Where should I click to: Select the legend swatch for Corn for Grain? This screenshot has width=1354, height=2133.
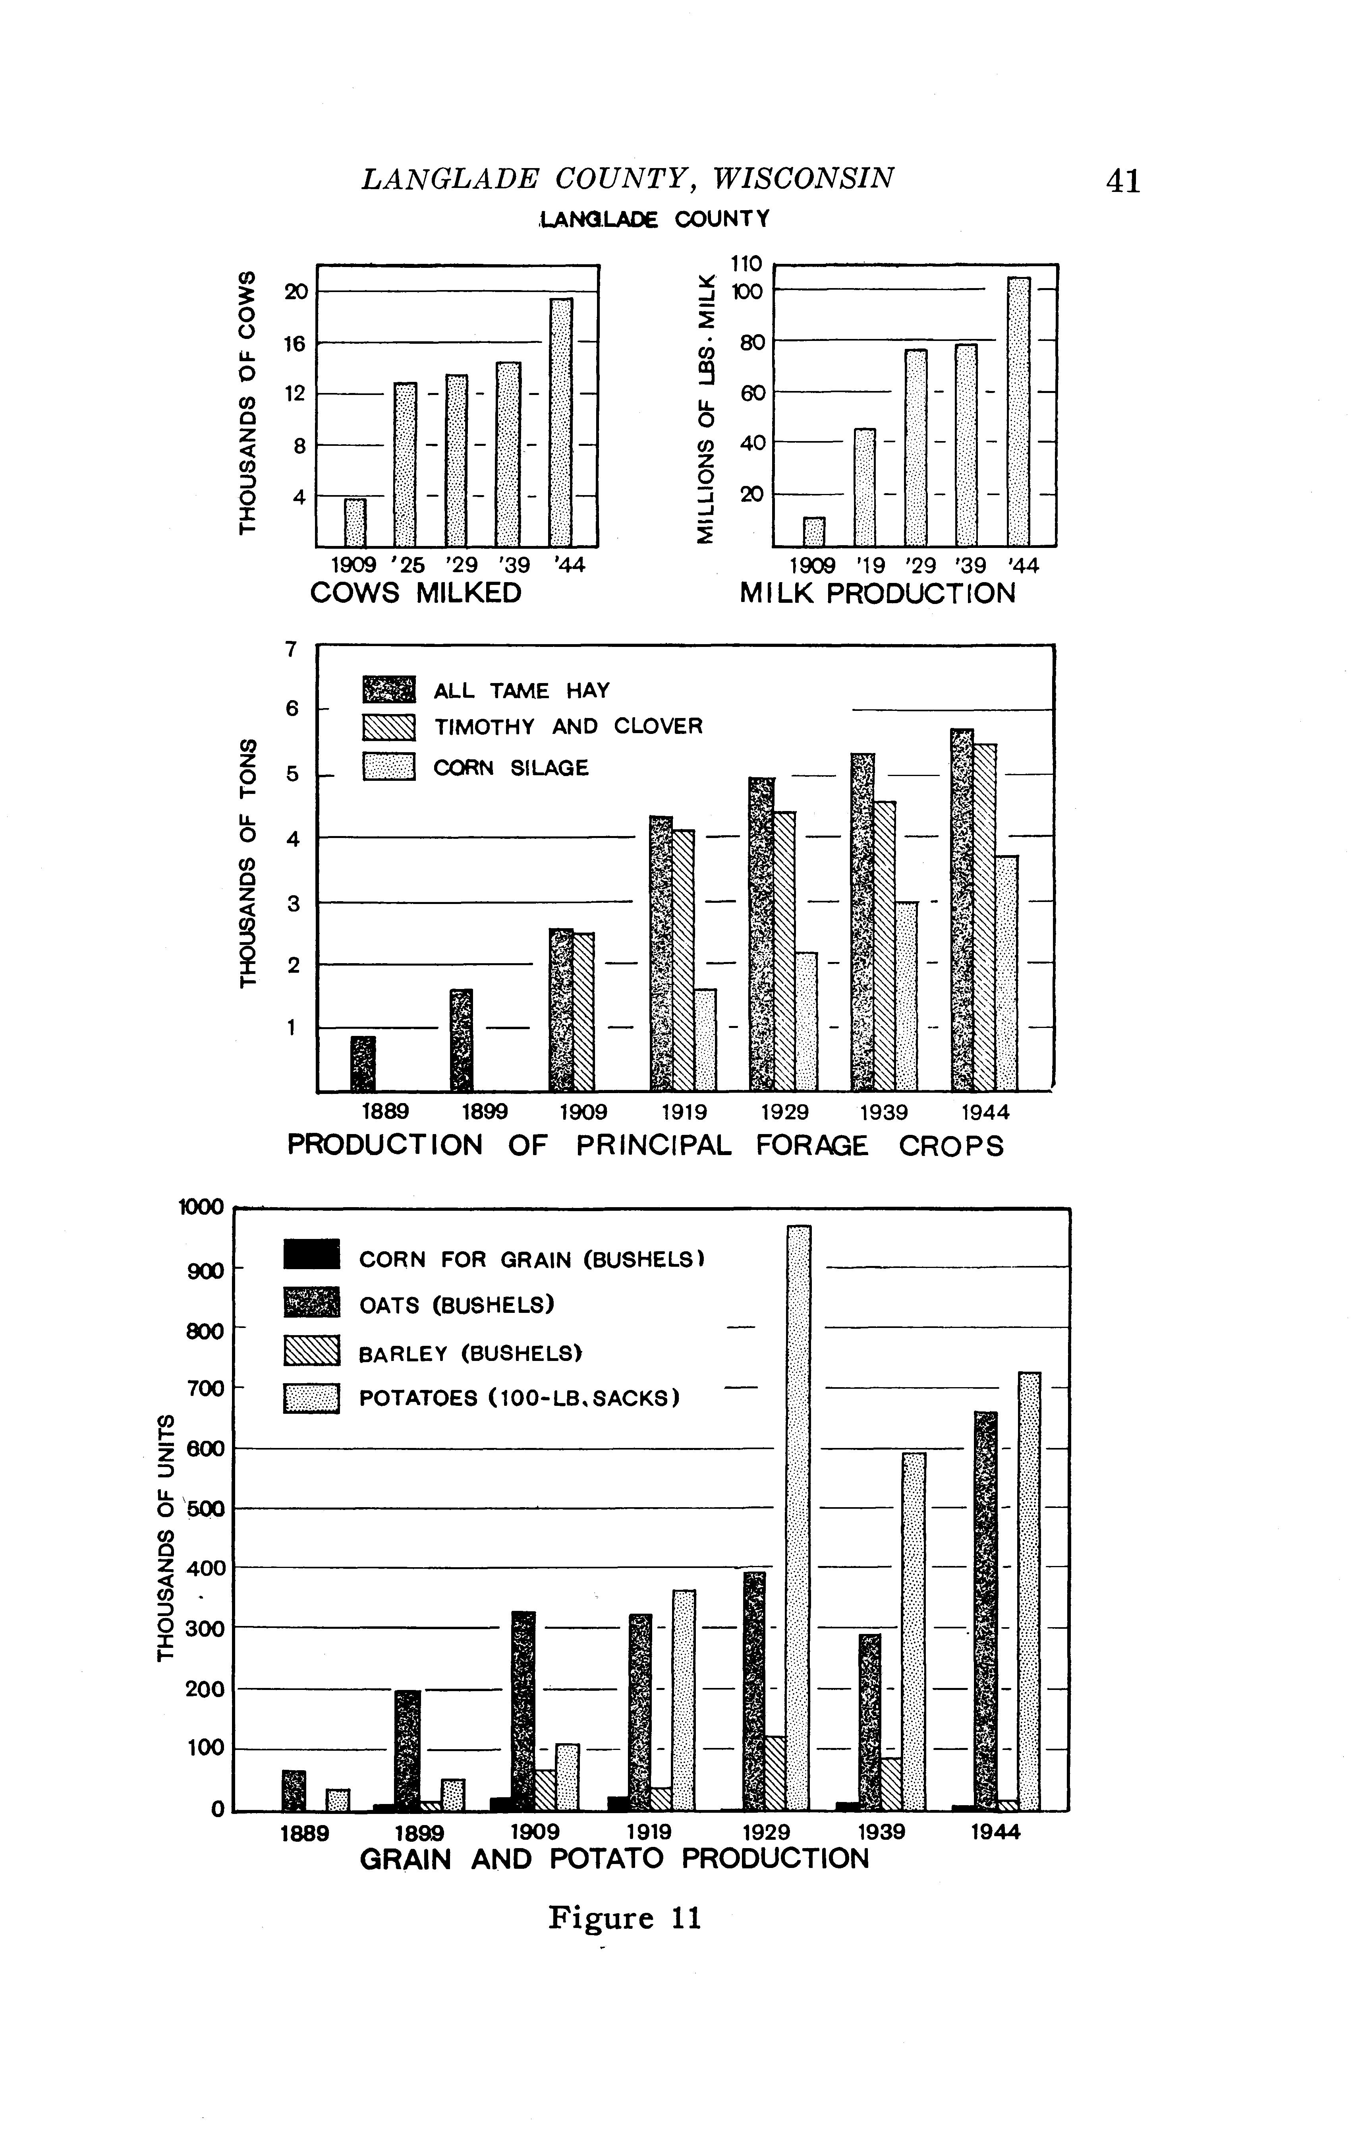[312, 1254]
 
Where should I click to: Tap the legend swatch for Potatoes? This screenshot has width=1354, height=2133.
[312, 1399]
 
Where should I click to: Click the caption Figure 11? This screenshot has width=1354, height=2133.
[624, 1918]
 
